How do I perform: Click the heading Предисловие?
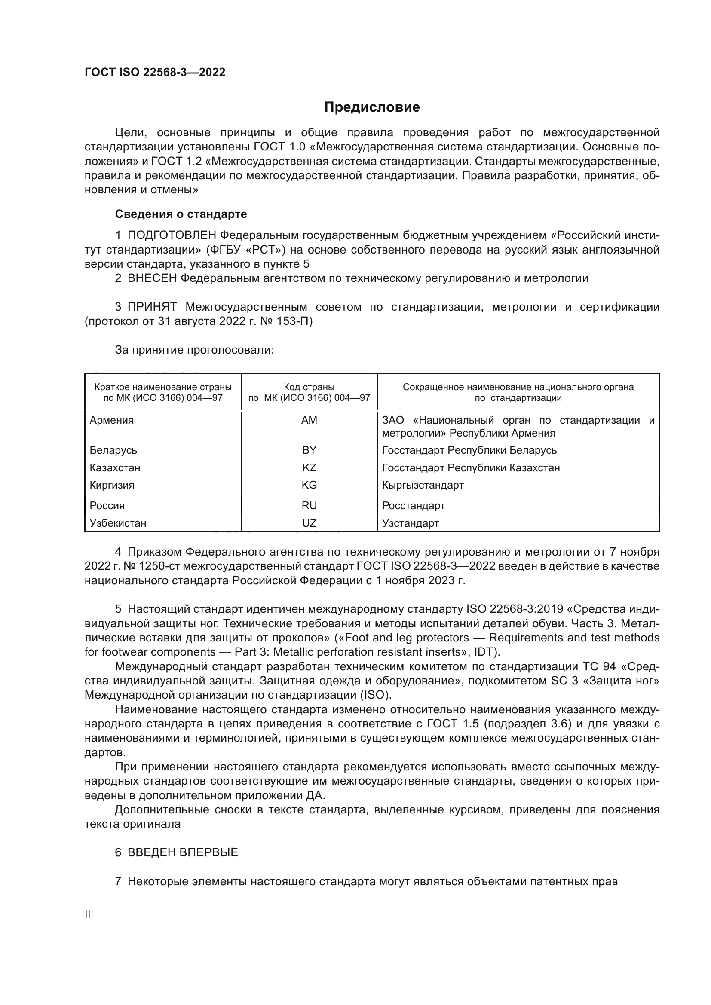[x=372, y=107]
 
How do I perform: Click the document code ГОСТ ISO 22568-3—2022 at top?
[x=155, y=72]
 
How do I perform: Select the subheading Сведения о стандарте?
[x=181, y=214]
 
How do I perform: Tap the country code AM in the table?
[x=309, y=420]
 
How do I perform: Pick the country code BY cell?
[x=309, y=450]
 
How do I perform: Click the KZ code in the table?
[x=309, y=467]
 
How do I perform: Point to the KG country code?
[x=309, y=485]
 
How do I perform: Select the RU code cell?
[x=309, y=506]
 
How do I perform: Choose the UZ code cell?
[x=309, y=523]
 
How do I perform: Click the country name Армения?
[x=112, y=420]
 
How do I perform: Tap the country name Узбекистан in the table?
[x=118, y=523]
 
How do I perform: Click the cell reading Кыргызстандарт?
[x=423, y=485]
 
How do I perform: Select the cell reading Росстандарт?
[x=413, y=506]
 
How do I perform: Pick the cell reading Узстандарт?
[x=410, y=523]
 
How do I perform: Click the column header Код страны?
[x=309, y=387]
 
